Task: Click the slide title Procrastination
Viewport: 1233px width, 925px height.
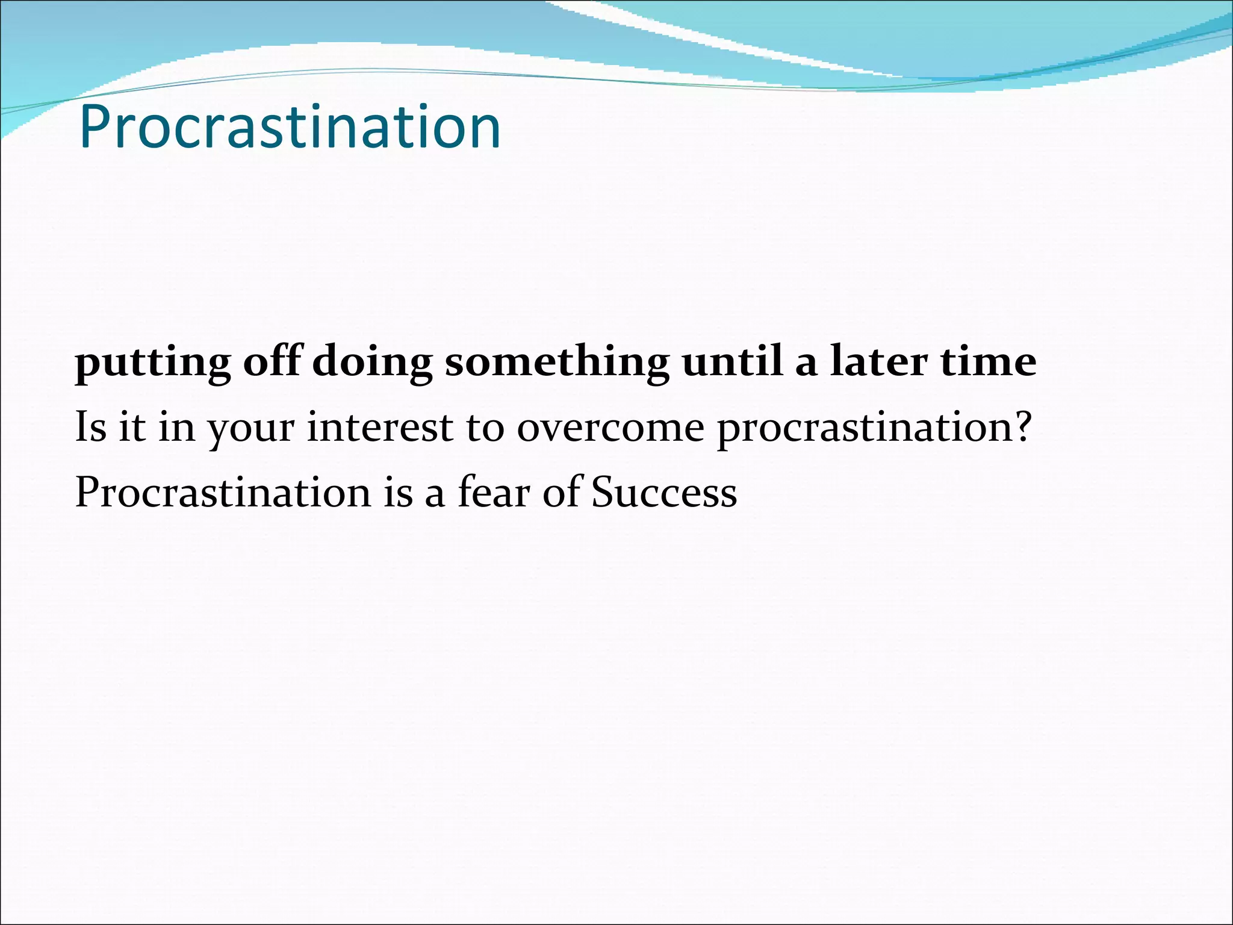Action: pyautogui.click(x=290, y=127)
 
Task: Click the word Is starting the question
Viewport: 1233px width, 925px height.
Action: pyautogui.click(x=90, y=426)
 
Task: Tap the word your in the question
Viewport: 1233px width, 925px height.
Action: pyautogui.click(x=251, y=429)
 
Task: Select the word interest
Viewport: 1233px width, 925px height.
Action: pyautogui.click(x=379, y=426)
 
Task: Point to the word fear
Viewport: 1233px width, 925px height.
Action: pyautogui.click(x=493, y=491)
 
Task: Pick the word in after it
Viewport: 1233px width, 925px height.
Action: pyautogui.click(x=177, y=426)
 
